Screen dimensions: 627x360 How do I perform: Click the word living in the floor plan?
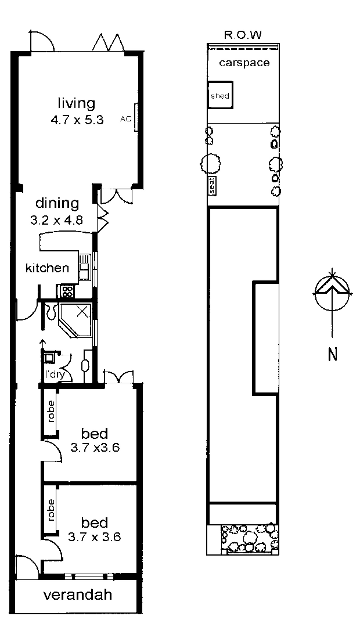(x=76, y=104)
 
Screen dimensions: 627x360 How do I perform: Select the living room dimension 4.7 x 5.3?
(x=77, y=121)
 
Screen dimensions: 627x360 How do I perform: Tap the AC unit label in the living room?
(x=125, y=118)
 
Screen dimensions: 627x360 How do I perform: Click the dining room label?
(x=57, y=204)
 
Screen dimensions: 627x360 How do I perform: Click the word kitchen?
(x=47, y=268)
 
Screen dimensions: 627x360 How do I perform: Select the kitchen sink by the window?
(x=84, y=267)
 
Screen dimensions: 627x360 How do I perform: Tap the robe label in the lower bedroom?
(x=51, y=509)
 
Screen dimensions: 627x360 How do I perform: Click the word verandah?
(x=77, y=595)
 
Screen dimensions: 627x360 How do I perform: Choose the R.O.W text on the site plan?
(x=243, y=35)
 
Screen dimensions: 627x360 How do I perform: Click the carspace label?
(x=244, y=63)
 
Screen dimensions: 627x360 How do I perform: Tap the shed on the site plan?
(x=220, y=96)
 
